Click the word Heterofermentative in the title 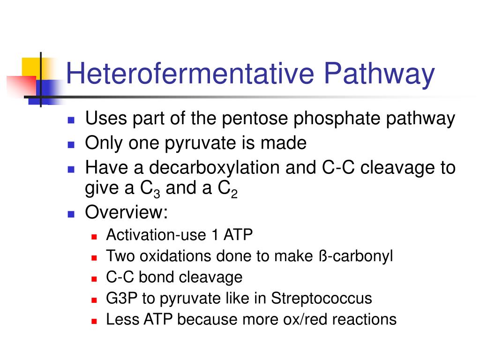pos(190,74)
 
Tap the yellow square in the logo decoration pos(31,67)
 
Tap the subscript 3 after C pos(157,194)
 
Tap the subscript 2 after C pos(234,194)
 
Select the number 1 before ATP pos(215,235)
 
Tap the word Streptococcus pos(322,299)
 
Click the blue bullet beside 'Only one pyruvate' pos(71,144)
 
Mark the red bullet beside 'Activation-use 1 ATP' pos(94,237)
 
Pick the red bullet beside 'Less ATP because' pos(94,322)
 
